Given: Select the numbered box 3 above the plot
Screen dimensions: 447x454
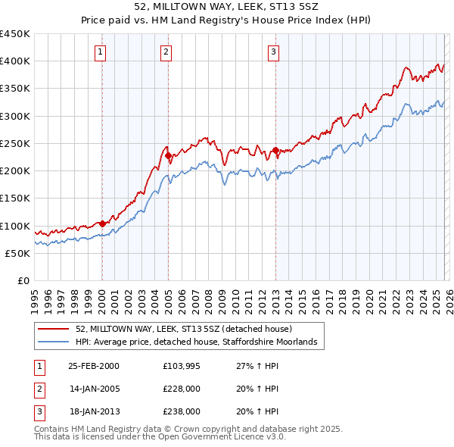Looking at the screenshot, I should click(x=273, y=52).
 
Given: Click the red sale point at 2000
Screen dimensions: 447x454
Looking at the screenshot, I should click(x=102, y=223).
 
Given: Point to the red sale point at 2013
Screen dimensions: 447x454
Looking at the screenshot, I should click(x=275, y=150).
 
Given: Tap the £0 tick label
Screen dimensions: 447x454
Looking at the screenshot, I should click(x=23, y=281).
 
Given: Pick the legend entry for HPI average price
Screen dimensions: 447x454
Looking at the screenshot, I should click(x=200, y=342).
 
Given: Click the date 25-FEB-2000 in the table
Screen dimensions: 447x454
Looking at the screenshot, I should click(x=93, y=366).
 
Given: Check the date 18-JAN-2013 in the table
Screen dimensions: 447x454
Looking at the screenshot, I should click(x=93, y=411).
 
